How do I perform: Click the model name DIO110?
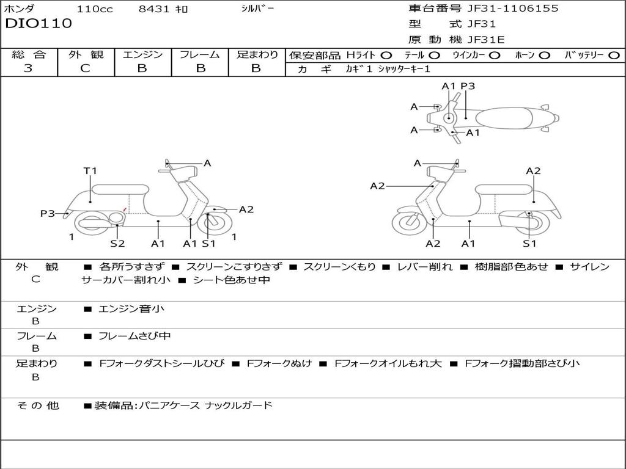pos(39,24)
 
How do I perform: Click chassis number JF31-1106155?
pos(512,9)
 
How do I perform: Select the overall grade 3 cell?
pos(28,68)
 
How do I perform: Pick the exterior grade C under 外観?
pos(86,68)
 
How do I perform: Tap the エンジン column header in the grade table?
pos(142,54)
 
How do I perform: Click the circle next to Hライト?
pos(386,55)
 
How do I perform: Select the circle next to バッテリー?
pos(614,55)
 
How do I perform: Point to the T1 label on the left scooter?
pos(90,171)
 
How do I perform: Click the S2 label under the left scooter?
pos(117,244)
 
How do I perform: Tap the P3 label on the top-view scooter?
pos(468,87)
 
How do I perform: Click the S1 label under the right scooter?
pos(529,244)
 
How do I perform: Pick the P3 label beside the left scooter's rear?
pos(48,214)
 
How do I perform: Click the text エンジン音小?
pos(131,309)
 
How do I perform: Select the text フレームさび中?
pos(134,336)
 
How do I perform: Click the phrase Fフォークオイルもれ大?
pos(388,363)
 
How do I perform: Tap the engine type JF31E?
pos(485,40)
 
